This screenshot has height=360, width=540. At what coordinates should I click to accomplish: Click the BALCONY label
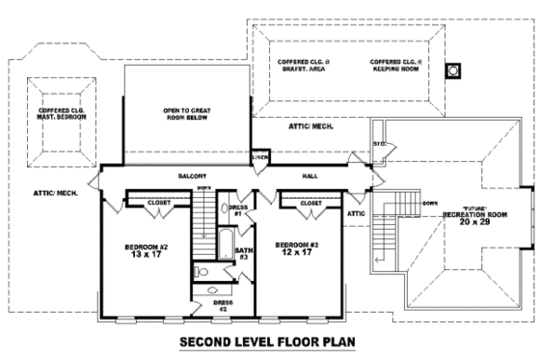click(188, 177)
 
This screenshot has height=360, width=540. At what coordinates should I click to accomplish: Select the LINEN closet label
click(258, 156)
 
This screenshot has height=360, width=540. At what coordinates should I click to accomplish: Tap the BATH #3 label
click(243, 254)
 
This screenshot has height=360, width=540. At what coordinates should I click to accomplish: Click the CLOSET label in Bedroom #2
click(159, 203)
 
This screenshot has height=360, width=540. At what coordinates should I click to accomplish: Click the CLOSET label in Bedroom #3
click(310, 203)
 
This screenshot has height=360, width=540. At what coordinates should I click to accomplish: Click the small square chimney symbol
click(450, 71)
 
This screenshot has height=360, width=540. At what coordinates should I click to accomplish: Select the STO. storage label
click(379, 145)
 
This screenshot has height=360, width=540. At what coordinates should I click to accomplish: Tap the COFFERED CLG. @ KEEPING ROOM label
click(394, 65)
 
